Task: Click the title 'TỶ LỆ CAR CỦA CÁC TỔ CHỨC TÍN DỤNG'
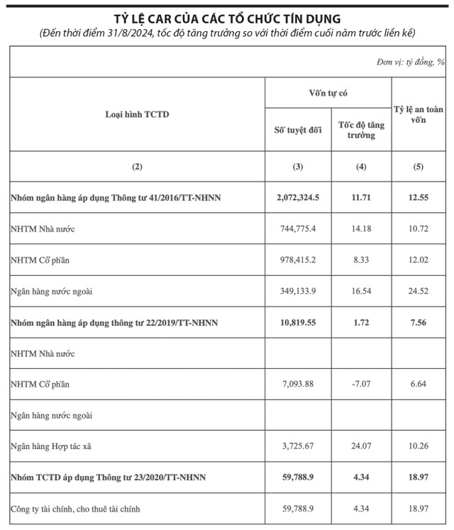click(x=226, y=16)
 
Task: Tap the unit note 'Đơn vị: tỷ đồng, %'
click(x=410, y=62)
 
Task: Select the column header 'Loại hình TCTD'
click(x=138, y=114)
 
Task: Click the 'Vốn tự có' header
click(x=328, y=93)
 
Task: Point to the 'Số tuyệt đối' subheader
click(x=298, y=130)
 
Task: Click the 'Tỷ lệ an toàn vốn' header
click(x=418, y=114)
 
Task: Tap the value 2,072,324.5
click(x=298, y=197)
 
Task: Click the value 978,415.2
click(x=298, y=260)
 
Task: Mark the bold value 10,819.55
click(x=298, y=322)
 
